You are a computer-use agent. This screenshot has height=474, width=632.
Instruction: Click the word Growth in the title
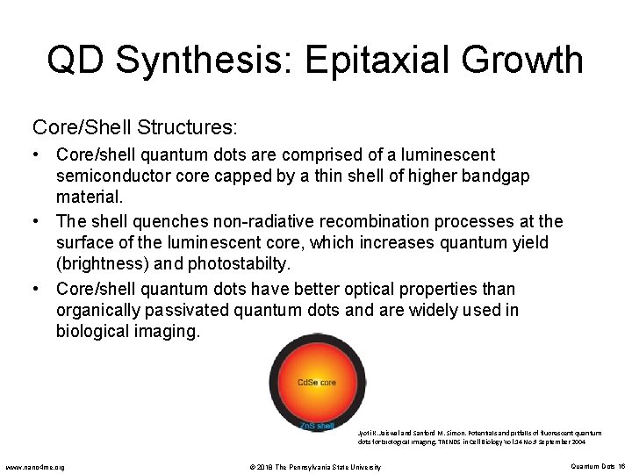(535, 60)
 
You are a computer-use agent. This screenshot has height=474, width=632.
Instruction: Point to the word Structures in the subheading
(186, 127)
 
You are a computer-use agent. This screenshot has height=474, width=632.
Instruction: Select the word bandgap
(497, 176)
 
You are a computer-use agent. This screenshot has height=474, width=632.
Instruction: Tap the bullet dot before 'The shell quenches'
(37, 221)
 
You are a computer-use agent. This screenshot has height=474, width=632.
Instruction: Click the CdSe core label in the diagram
(316, 383)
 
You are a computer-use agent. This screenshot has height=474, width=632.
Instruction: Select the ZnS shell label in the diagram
(317, 426)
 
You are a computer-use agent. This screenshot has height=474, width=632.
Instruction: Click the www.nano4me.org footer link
(34, 467)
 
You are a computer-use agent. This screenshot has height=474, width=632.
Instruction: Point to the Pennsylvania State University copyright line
(315, 467)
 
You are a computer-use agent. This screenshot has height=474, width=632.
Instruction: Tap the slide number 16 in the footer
(621, 467)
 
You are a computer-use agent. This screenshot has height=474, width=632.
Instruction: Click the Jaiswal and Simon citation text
(479, 438)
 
